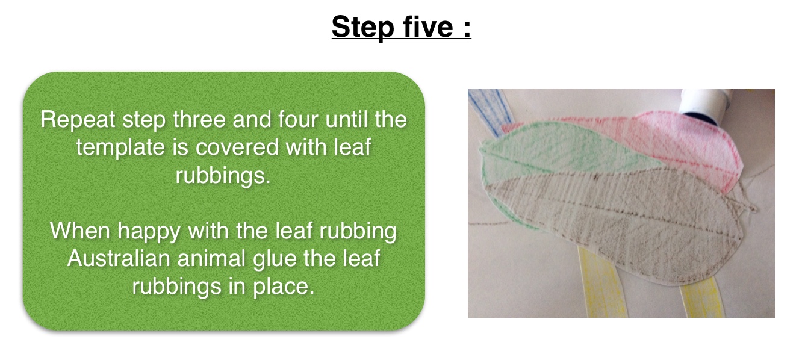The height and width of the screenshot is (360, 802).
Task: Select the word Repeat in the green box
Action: tap(77, 120)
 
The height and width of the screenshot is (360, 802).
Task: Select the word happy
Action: tap(149, 232)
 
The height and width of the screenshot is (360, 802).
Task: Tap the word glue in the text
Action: tap(275, 261)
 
